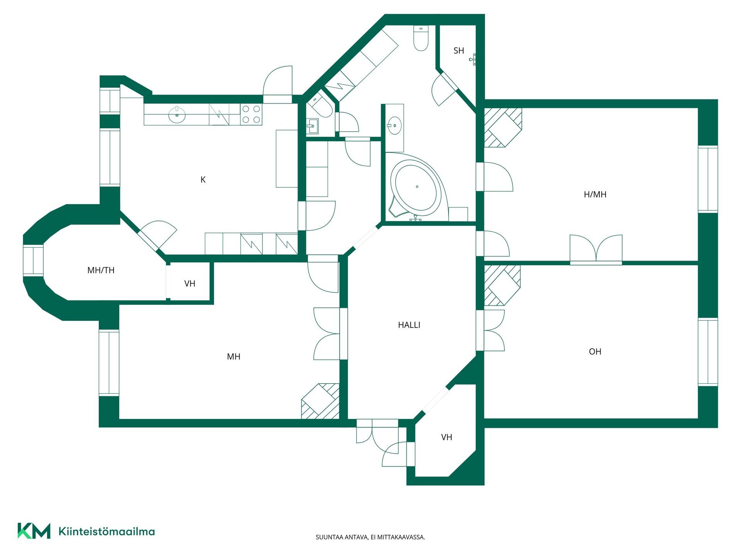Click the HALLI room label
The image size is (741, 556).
pos(409,325)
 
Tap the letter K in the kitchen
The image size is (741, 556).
pos(203,180)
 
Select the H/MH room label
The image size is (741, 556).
pos(595,195)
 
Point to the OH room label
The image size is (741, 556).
pos(595,351)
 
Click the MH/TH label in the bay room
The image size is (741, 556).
pos(101,270)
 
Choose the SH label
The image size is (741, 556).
pos(459,51)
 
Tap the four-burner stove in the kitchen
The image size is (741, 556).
pos(251,114)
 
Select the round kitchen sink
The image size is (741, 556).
pos(177,114)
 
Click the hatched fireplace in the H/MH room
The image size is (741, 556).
pos(503,127)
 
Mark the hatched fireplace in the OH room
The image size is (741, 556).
pos(502,285)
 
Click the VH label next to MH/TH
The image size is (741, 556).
pos(190,284)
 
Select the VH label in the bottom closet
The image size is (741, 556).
pos(447,437)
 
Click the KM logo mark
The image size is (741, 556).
pos(34,531)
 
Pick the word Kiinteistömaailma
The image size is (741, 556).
pos(107,532)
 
